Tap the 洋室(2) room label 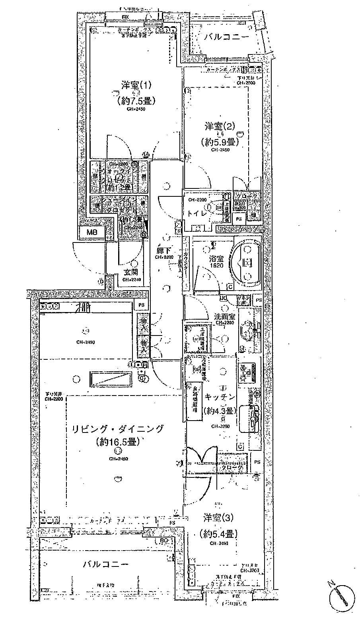[x=220, y=127]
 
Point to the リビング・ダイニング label [x=117, y=429]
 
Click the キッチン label [x=220, y=397]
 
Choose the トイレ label [x=197, y=213]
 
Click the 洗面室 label [x=225, y=317]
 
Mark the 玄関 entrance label [x=130, y=272]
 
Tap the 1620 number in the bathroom [x=217, y=266]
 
